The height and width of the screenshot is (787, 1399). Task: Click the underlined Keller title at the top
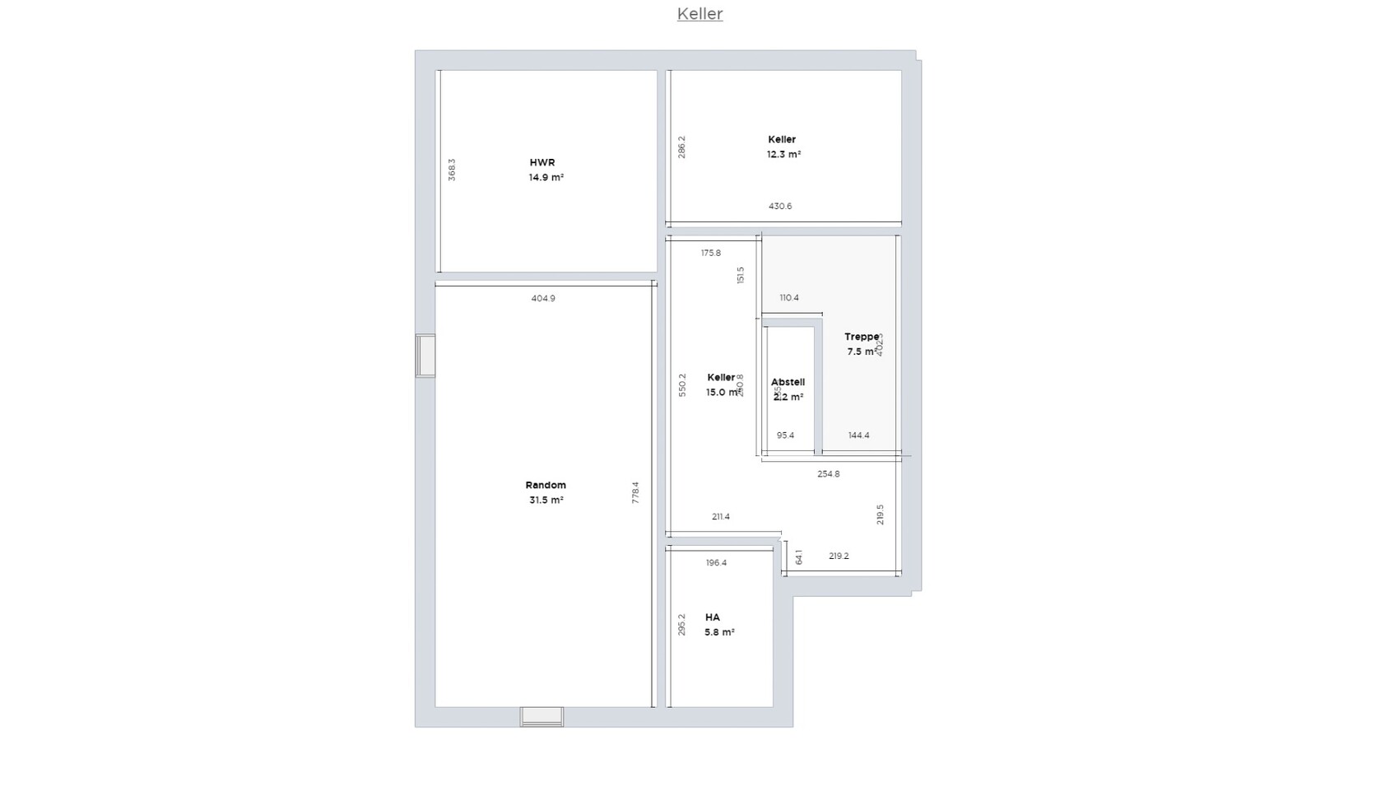[699, 14]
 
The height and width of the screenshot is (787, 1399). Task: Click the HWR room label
[542, 163]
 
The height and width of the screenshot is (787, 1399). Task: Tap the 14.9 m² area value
[546, 178]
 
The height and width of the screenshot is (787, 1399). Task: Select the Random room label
[546, 486]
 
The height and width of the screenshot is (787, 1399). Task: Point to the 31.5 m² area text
[546, 501]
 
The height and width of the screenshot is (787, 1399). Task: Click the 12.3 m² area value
[783, 155]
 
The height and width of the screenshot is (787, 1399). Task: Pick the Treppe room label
[862, 337]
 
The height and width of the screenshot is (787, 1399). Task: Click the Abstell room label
[788, 382]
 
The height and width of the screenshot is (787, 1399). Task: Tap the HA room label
[713, 617]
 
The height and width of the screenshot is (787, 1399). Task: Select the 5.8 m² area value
[719, 632]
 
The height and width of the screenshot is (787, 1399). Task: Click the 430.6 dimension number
[780, 207]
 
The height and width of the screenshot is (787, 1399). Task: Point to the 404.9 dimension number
[543, 299]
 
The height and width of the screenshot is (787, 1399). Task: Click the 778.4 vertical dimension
[635, 492]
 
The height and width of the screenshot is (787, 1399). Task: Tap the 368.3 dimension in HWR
[452, 170]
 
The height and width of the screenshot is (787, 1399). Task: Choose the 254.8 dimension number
[829, 474]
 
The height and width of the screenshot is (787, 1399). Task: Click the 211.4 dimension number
[721, 517]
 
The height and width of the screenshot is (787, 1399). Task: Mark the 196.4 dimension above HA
[717, 563]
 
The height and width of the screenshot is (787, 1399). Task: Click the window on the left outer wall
[425, 356]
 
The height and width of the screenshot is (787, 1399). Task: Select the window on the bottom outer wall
[541, 717]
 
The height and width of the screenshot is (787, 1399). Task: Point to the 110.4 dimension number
[789, 298]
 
